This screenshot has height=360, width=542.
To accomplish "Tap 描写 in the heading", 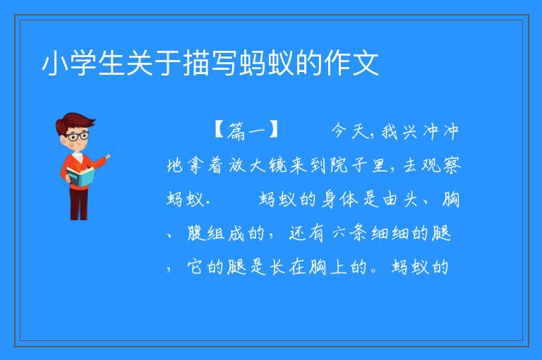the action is pos(210,64).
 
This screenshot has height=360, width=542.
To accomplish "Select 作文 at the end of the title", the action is pos(351,64).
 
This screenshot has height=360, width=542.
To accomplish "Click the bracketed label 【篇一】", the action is pos(246,131).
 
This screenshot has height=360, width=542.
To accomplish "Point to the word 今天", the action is pos(351,131).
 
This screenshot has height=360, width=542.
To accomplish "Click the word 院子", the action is pos(347,165).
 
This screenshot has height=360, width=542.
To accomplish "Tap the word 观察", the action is pos(441,165).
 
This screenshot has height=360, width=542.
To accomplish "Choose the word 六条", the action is pos(350,233).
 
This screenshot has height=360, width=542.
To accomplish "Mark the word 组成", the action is pos(226,233).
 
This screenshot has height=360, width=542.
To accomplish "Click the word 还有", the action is pos(306,233).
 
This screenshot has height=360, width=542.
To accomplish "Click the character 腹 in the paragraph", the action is pos(196,233).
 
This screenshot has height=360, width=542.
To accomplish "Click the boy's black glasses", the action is pos(78,136).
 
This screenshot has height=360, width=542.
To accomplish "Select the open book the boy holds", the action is pos(80,177).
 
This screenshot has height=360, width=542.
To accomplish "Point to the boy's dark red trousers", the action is pos(78,204).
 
